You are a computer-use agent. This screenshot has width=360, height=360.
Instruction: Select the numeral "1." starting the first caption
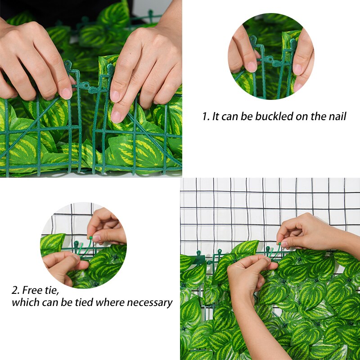pyautogui.click(x=206, y=117)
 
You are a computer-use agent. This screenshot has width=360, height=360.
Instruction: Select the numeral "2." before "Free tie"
pyautogui.click(x=16, y=290)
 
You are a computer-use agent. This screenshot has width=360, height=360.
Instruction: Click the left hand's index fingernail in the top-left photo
pyautogui.click(x=66, y=94)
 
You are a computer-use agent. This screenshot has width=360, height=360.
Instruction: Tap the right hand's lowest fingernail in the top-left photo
pyautogui.click(x=116, y=117)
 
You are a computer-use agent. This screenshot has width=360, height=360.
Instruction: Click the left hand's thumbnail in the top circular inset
pyautogui.click(x=252, y=67)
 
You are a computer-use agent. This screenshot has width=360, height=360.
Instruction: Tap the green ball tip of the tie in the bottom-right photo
pyautogui.click(x=279, y=243)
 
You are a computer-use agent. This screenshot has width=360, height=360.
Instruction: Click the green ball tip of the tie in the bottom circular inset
pyautogui.click(x=91, y=238)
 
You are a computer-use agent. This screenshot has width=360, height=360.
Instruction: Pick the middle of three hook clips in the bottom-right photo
pyautogui.click(x=220, y=252)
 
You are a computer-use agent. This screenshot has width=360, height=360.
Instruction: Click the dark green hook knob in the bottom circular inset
pyautogui.click(x=76, y=243)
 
